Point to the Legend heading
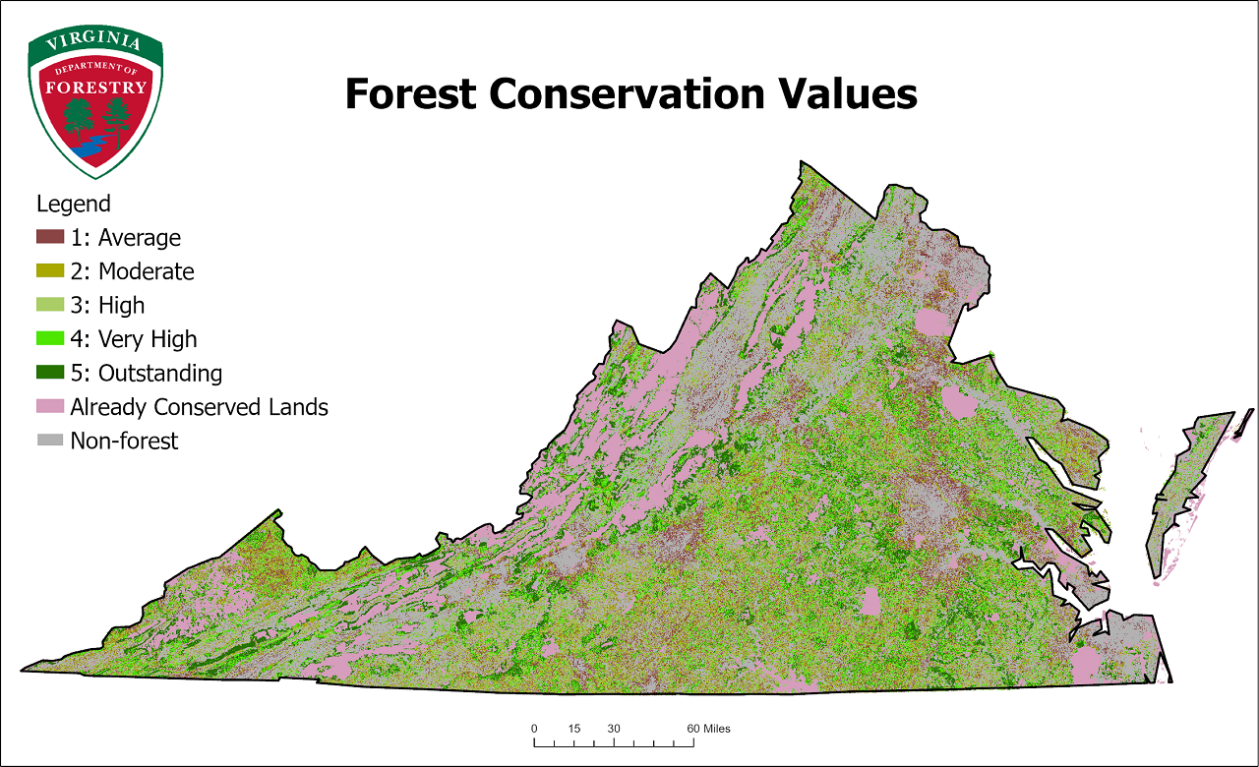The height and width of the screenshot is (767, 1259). click(x=73, y=205)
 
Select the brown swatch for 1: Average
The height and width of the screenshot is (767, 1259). click(x=50, y=237)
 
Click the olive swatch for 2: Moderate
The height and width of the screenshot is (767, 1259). click(x=50, y=270)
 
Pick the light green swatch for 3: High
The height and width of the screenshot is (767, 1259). click(x=50, y=305)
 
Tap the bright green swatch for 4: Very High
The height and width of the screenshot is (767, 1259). click(x=50, y=338)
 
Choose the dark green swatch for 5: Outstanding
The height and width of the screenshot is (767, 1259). click(x=50, y=373)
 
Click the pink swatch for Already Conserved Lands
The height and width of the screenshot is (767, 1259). click(x=50, y=406)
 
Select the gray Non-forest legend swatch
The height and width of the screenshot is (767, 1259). click(x=50, y=441)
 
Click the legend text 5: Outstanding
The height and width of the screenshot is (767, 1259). click(x=147, y=374)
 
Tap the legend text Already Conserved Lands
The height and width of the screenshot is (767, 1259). click(x=199, y=407)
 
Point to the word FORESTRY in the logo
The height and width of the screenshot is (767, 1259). click(x=95, y=87)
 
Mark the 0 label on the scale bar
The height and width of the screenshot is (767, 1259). click(x=534, y=729)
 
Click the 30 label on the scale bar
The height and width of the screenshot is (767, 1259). click(x=614, y=729)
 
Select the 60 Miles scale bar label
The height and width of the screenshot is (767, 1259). click(x=708, y=729)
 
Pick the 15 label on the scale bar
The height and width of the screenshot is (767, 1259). click(x=574, y=729)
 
